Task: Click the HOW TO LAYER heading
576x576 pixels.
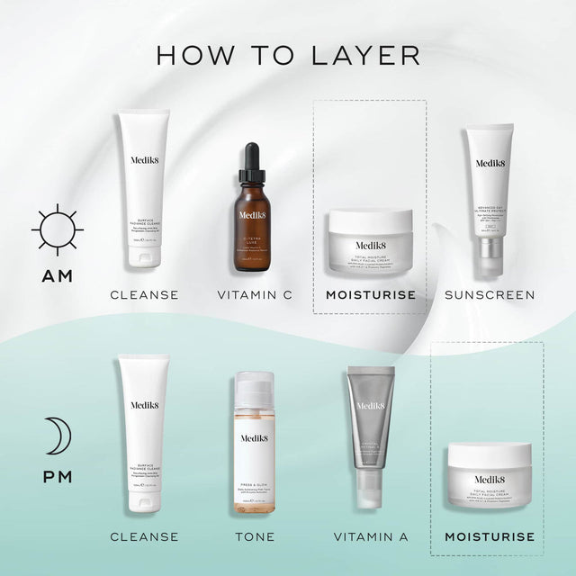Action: click(x=288, y=53)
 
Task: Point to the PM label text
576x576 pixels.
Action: click(x=58, y=476)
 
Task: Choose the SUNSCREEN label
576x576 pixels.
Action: click(x=490, y=294)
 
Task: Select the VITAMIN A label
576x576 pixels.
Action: click(x=370, y=537)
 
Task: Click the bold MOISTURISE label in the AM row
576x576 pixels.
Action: click(x=370, y=294)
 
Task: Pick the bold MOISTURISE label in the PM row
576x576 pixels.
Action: click(x=489, y=537)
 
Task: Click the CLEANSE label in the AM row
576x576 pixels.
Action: click(x=144, y=294)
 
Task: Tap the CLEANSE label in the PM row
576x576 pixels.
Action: click(x=144, y=537)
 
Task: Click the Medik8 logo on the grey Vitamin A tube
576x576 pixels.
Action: click(x=371, y=406)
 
